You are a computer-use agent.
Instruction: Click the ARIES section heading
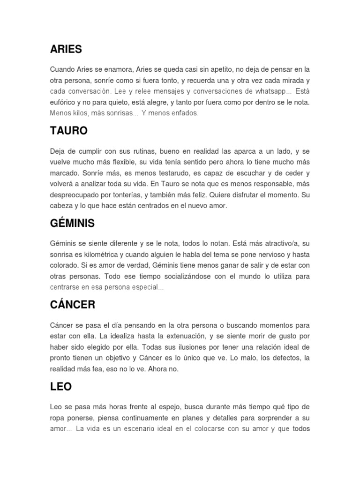pyautogui.click(x=66, y=49)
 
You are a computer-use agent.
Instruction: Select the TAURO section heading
pyautogui.click(x=69, y=131)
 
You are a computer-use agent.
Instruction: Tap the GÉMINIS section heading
pyautogui.click(x=72, y=224)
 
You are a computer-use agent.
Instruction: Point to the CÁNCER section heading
pyautogui.click(x=73, y=305)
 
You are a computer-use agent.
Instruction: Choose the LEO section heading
pyautogui.click(x=61, y=387)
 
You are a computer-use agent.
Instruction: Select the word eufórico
pyautogui.click(x=64, y=102)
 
